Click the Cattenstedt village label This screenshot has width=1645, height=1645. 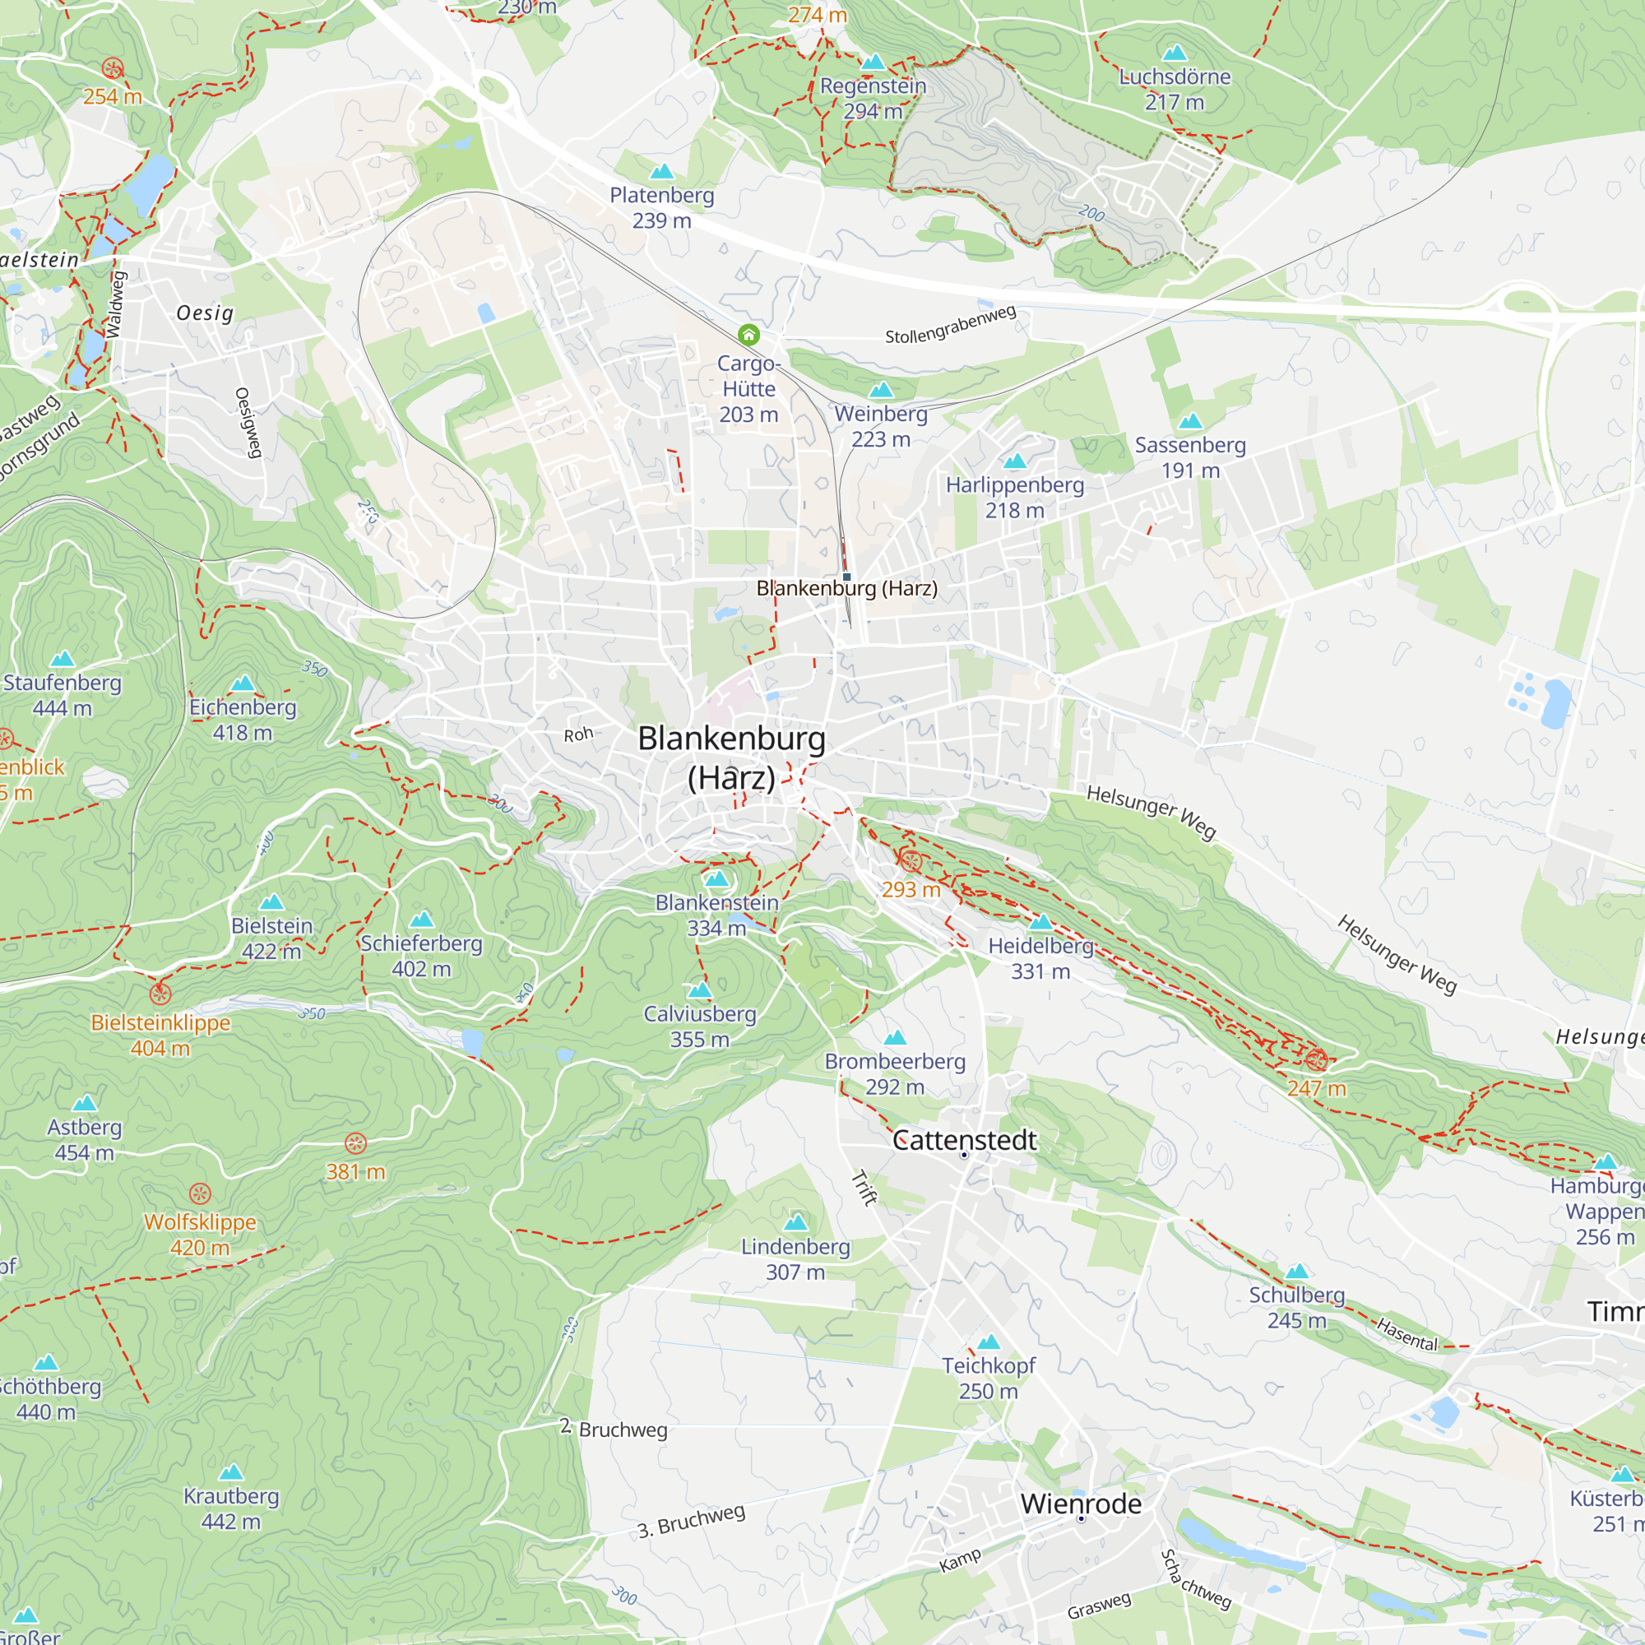[x=964, y=1140]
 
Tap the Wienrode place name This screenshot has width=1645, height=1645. [x=1081, y=1504]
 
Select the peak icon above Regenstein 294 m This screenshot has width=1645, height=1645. [x=873, y=63]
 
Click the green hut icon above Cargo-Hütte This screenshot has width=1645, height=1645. [x=748, y=335]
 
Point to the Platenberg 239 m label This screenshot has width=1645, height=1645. [x=661, y=208]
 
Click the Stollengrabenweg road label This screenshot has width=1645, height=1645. [x=950, y=324]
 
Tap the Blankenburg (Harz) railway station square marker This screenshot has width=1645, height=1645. [x=846, y=577]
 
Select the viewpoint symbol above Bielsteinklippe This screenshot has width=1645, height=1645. [x=160, y=994]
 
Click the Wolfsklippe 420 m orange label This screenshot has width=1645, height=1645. [x=200, y=1235]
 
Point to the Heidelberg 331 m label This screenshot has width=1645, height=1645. [x=1040, y=958]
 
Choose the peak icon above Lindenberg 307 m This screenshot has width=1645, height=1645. [x=795, y=1223]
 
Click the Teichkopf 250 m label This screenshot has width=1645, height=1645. [x=988, y=1378]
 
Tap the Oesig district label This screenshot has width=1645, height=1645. [x=204, y=313]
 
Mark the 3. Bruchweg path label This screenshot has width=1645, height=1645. [x=691, y=1521]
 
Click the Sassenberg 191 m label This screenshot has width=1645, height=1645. [x=1189, y=457]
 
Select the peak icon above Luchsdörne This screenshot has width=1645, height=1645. [x=1175, y=53]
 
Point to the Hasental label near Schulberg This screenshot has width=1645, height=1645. [x=1406, y=1335]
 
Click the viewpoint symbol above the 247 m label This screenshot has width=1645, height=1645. [x=1316, y=1060]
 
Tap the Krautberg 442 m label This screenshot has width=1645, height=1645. [x=231, y=1508]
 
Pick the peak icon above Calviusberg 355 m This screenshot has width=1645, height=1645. [x=699, y=989]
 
